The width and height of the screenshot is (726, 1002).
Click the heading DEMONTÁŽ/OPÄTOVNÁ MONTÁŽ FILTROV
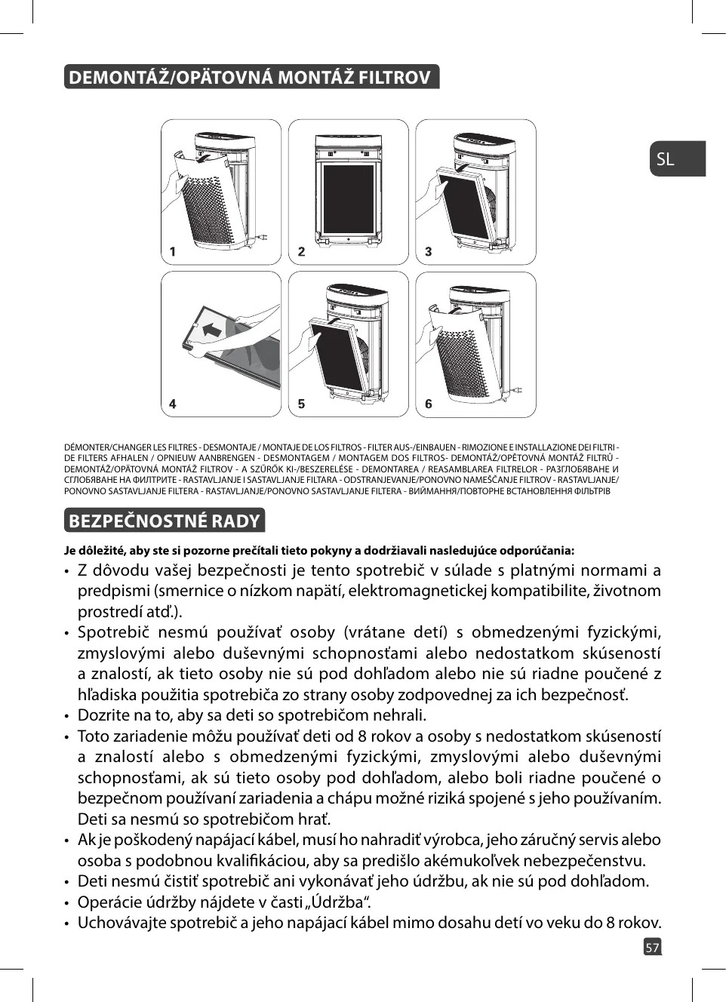[x=249, y=78]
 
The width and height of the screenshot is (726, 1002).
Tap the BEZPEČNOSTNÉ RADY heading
[x=164, y=521]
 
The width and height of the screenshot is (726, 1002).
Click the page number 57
[x=652, y=947]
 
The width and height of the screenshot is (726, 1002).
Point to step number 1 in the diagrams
[x=173, y=252]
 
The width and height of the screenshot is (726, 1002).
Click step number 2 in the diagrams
[x=301, y=252]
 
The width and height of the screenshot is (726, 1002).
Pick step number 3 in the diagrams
[x=429, y=252]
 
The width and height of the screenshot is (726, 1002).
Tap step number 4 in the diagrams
[x=173, y=404]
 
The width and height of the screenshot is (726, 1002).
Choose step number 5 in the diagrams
[x=301, y=404]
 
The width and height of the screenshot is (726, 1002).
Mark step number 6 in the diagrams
[x=429, y=404]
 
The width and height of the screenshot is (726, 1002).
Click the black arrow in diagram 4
[x=212, y=329]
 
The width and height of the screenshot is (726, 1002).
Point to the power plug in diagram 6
[x=519, y=389]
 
